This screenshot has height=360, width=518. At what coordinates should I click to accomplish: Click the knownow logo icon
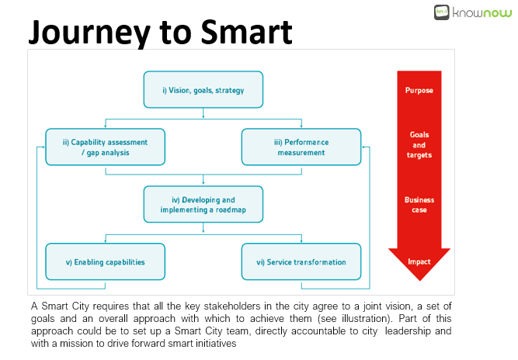(x=441, y=12)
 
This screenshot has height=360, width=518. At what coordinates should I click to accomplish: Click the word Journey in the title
(x=89, y=33)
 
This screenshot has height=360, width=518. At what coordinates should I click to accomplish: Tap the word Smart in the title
(x=246, y=32)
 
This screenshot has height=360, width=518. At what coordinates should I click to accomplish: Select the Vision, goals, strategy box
(x=203, y=89)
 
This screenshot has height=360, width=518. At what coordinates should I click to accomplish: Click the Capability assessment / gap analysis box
(x=105, y=147)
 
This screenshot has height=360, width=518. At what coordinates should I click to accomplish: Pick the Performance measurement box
(x=301, y=147)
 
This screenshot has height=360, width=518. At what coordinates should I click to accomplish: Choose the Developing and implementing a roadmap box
(x=203, y=204)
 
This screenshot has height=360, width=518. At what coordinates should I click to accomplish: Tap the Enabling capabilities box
(x=105, y=261)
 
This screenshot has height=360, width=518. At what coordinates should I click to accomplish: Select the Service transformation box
(x=301, y=261)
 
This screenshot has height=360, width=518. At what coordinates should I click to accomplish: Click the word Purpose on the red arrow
(x=419, y=91)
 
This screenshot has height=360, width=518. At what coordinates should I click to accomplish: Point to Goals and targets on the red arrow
(x=419, y=145)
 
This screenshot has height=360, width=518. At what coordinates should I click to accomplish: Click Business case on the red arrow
(x=419, y=205)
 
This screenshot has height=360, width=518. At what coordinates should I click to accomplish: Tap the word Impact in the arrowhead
(x=419, y=261)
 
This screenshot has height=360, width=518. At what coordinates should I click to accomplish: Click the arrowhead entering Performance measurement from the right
(x=363, y=147)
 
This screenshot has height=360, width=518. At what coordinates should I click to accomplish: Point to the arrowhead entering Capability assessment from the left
(x=43, y=147)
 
